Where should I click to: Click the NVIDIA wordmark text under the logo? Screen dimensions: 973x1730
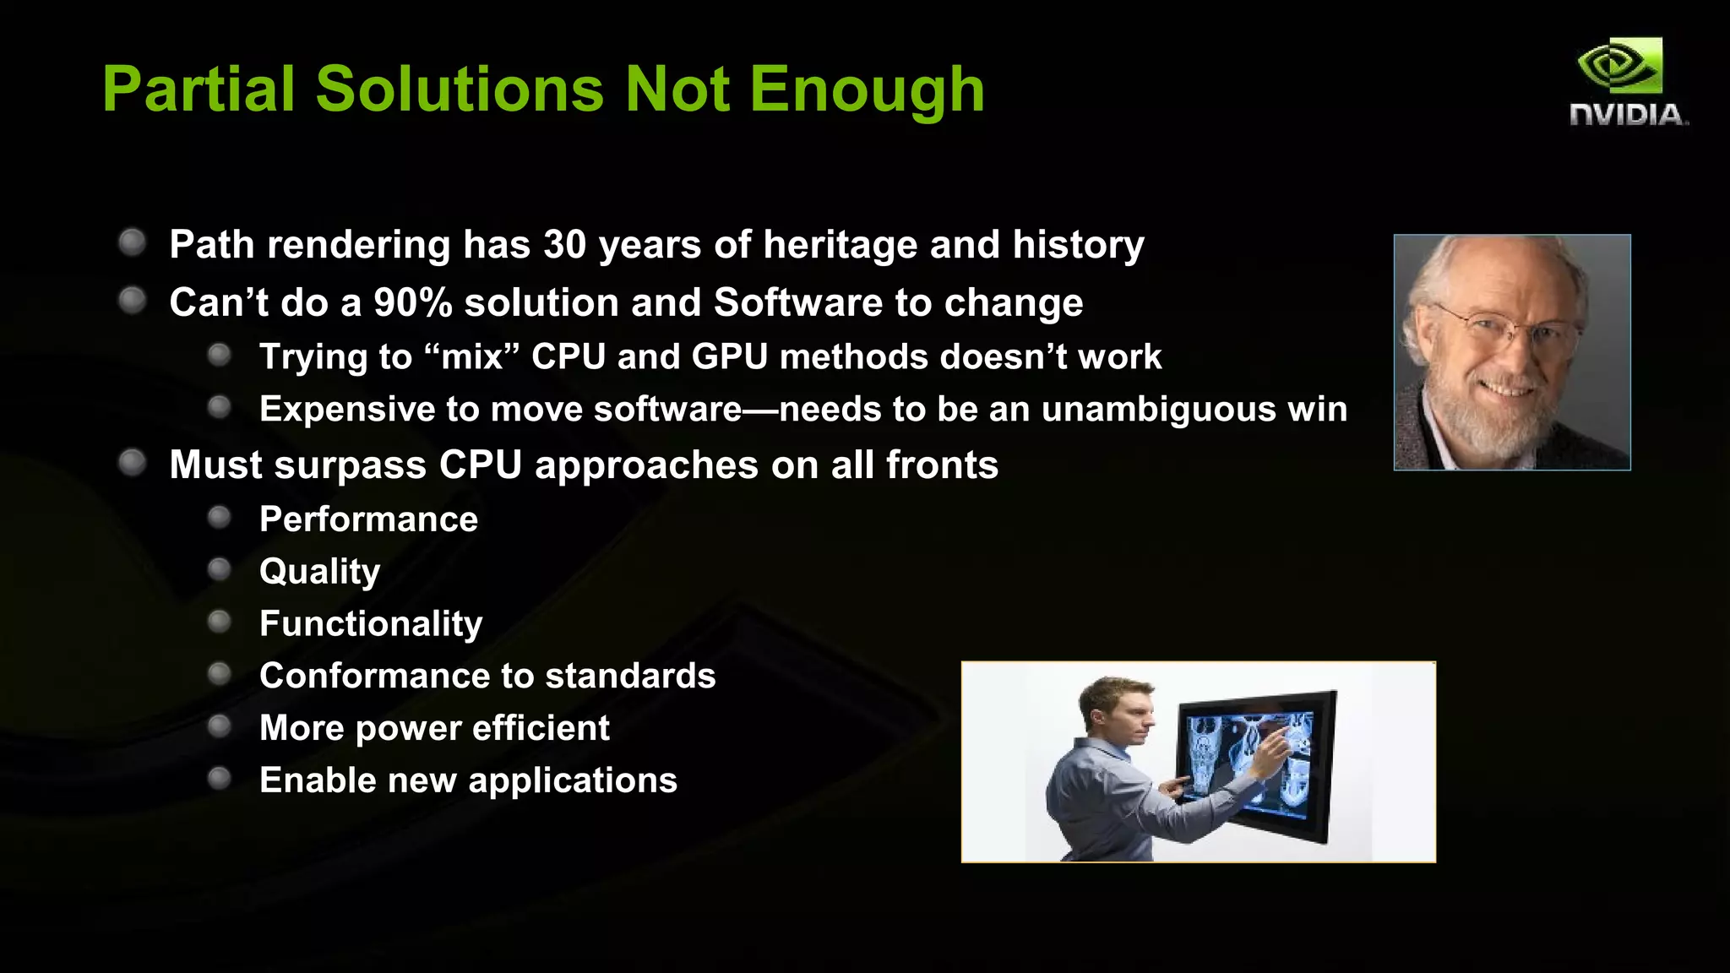click(x=1627, y=115)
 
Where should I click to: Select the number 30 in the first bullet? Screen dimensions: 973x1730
click(x=564, y=245)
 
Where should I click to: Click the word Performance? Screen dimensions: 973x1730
click(x=368, y=519)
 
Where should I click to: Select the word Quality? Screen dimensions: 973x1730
click(x=319, y=572)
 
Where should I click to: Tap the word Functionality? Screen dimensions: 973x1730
click(x=371, y=624)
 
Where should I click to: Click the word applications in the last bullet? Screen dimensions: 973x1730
click(x=573, y=780)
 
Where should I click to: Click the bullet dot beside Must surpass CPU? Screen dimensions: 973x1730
click(x=133, y=463)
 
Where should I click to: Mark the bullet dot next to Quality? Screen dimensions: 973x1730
click(x=220, y=569)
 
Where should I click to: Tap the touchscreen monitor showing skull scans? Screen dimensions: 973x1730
click(x=1254, y=764)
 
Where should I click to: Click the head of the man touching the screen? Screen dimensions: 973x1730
click(x=1115, y=709)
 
